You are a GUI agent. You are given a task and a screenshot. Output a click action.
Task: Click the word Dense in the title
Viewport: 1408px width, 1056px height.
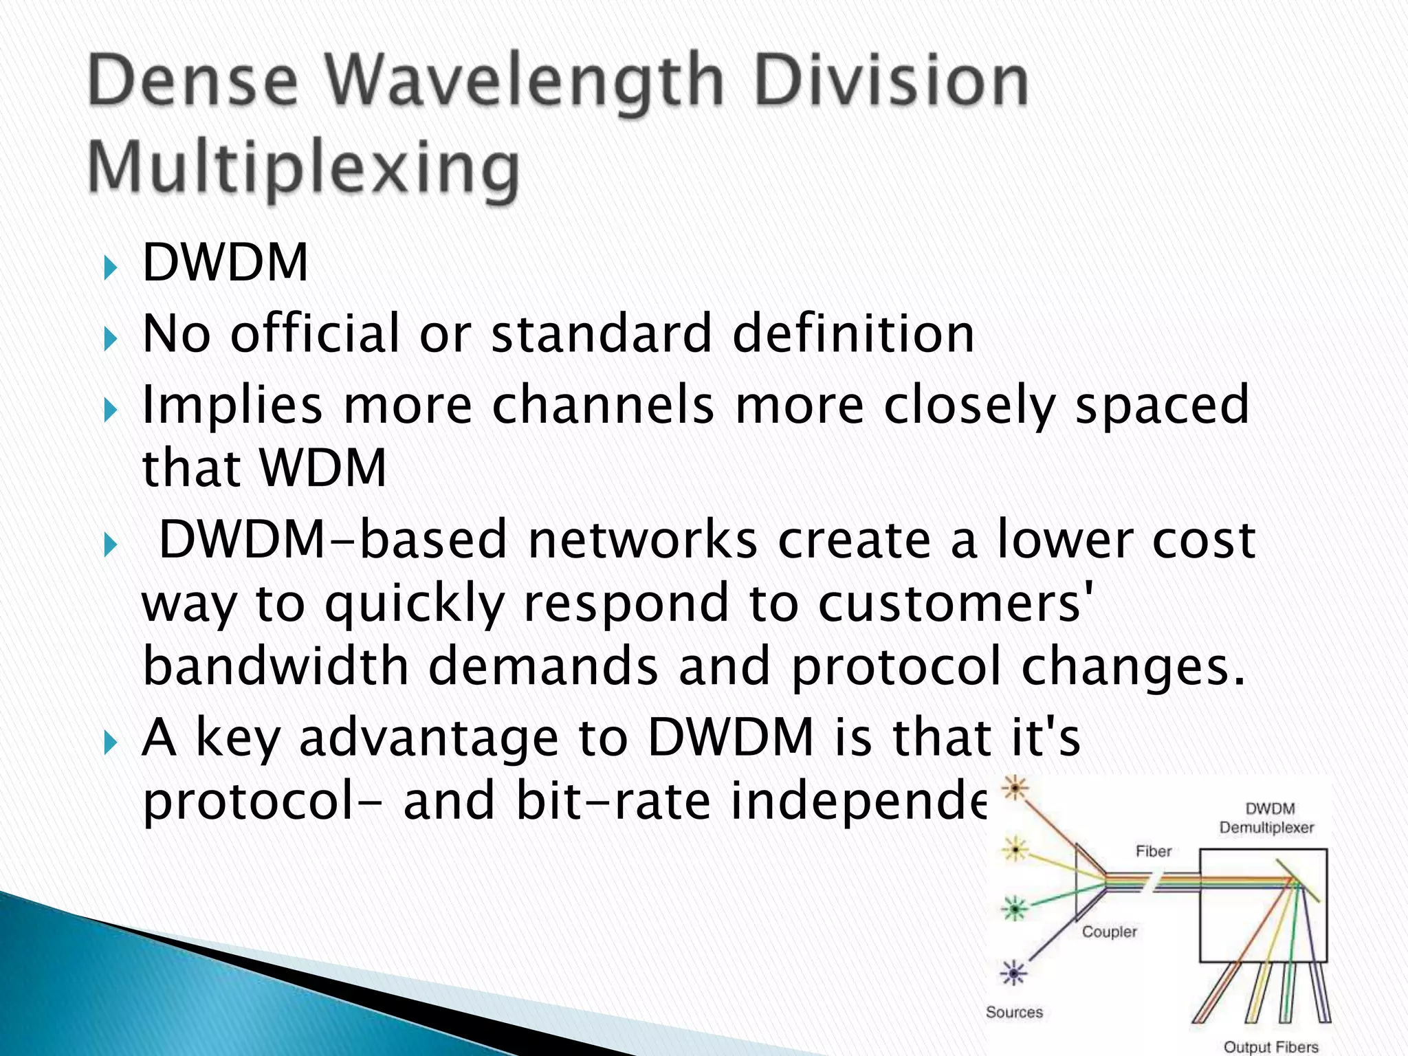point(193,82)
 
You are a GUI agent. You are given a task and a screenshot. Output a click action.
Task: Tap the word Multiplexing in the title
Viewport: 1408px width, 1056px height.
point(304,168)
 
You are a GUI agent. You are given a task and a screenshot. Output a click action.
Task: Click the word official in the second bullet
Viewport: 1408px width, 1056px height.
point(315,334)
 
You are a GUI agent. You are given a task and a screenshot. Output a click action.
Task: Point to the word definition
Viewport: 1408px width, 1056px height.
point(853,334)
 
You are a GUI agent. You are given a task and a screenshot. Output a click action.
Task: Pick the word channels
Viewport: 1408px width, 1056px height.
point(603,405)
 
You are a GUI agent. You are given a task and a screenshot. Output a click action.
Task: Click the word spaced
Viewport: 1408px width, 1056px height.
point(1162,405)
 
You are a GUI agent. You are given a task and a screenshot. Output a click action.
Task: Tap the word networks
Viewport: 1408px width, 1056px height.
point(642,540)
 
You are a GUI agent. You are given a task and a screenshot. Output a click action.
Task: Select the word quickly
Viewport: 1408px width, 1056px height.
point(415,604)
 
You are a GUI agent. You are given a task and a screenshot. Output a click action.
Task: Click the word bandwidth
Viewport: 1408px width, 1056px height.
point(276,667)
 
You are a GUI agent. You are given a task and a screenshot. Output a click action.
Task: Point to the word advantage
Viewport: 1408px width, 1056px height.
point(429,738)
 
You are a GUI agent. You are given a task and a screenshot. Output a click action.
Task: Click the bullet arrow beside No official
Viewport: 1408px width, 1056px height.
point(110,338)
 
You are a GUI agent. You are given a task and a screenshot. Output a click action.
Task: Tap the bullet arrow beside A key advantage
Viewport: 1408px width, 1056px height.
point(110,742)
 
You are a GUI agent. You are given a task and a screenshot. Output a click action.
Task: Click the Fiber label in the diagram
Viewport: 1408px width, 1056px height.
point(1153,852)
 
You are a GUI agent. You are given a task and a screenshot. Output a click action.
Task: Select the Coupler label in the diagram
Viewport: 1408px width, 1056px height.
point(1109,932)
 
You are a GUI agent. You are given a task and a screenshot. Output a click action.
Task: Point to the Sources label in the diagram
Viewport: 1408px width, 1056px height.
point(1014,1012)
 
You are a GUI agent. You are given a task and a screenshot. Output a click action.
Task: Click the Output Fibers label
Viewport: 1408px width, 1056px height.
point(1270,1046)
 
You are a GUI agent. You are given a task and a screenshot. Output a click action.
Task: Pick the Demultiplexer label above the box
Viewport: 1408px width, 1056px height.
point(1266,828)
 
